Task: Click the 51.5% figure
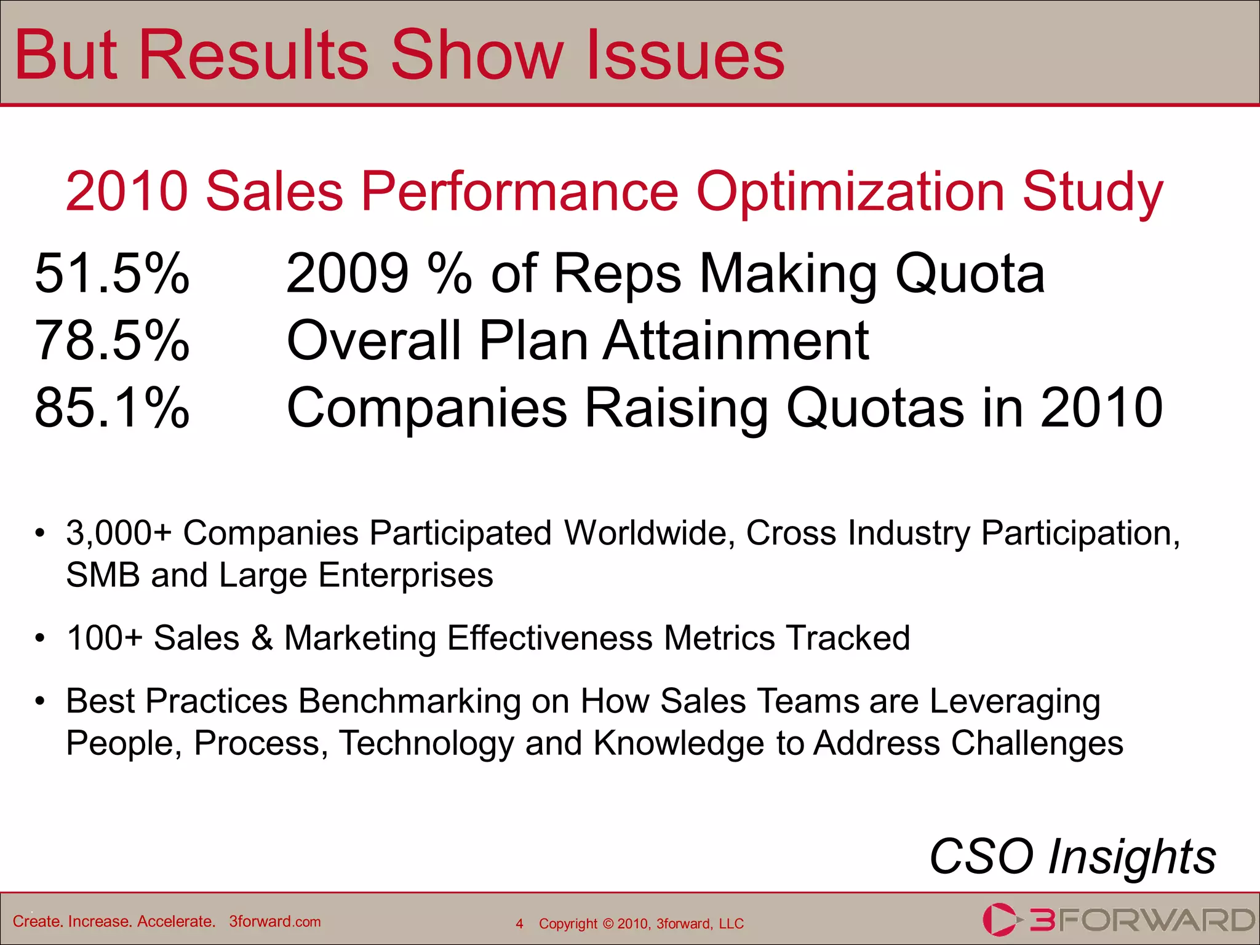[x=112, y=273]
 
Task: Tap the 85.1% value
[x=112, y=407]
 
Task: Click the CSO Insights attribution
[x=1072, y=856]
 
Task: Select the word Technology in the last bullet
[x=426, y=743]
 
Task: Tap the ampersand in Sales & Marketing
[x=262, y=638]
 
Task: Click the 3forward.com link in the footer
[x=274, y=922]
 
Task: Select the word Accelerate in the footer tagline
[x=175, y=922]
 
